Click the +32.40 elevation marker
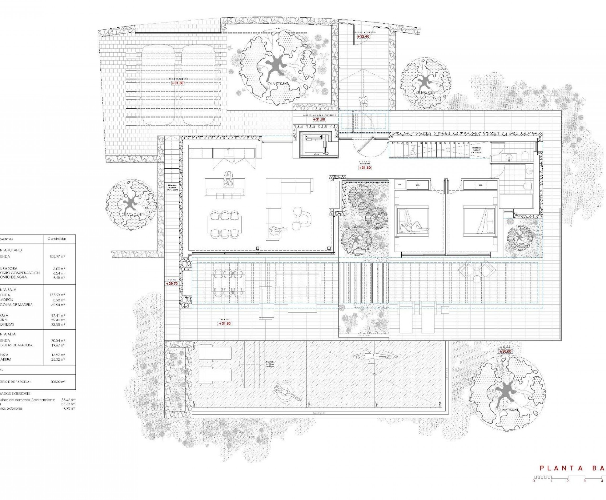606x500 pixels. coord(363,37)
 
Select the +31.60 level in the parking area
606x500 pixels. coord(177,83)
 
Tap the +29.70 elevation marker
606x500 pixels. coord(172,283)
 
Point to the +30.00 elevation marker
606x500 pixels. coord(505,351)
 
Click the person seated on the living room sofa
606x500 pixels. coord(276,231)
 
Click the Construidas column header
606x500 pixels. coord(57,239)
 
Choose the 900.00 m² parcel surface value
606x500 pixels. coord(58,382)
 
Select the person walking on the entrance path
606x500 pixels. coord(363,101)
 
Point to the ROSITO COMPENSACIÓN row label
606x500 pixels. coord(20,273)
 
